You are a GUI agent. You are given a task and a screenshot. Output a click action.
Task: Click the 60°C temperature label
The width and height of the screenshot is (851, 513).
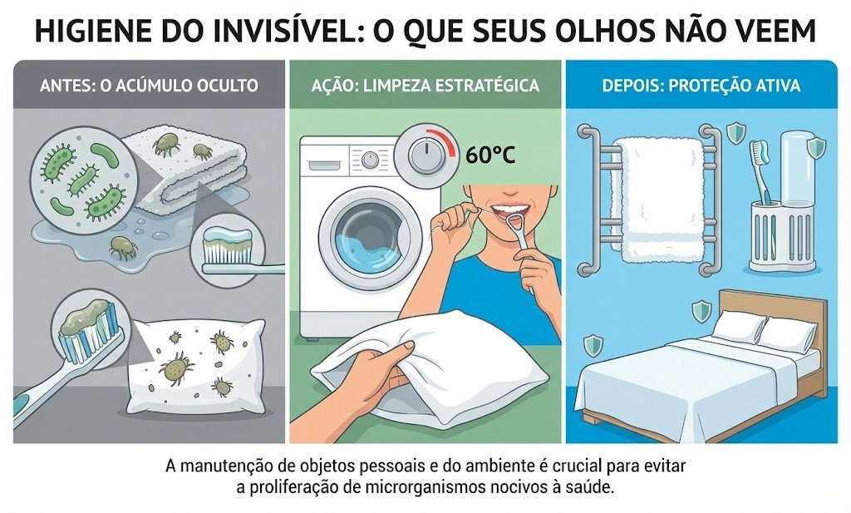tap(490, 155)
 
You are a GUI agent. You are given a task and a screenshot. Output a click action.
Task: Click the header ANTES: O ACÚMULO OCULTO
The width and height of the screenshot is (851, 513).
tap(149, 86)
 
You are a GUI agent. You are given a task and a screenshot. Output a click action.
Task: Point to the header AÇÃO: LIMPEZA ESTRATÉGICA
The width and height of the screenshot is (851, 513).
tap(425, 86)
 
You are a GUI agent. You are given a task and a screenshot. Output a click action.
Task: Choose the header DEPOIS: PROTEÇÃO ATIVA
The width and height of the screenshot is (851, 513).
tap(701, 86)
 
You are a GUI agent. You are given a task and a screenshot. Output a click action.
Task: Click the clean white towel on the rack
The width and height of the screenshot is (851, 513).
tap(659, 198)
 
